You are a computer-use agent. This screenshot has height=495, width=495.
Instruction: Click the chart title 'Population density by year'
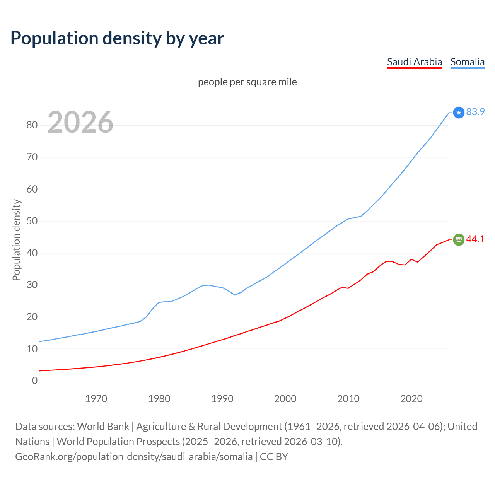[117, 38]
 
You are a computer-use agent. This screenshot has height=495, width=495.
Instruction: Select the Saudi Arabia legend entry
[414, 62]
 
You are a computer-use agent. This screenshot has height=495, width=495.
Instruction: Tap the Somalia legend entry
[467, 62]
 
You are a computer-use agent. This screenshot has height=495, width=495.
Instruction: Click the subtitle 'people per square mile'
[247, 82]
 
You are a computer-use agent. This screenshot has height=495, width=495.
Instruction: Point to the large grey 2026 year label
[80, 122]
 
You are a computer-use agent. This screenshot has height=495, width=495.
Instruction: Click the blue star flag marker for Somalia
[459, 113]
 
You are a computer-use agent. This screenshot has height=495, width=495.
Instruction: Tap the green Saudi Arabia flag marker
[459, 240]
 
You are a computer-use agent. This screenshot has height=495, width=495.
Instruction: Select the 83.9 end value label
[475, 112]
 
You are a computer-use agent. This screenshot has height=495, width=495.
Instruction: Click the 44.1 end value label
[475, 239]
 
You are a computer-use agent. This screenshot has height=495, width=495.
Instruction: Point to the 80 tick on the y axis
[32, 125]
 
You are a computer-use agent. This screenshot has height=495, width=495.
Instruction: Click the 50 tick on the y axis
[32, 221]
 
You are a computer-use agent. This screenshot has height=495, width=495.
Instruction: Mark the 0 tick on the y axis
[35, 381]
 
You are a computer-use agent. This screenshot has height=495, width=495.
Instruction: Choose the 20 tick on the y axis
[32, 317]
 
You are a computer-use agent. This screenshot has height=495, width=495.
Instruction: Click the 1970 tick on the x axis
[96, 399]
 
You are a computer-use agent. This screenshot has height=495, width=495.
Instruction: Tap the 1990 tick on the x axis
[222, 399]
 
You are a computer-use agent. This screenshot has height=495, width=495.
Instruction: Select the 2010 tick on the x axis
[348, 399]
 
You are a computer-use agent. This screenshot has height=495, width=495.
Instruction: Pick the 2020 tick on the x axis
[411, 399]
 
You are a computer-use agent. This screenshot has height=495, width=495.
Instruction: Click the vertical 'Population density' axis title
[16, 240]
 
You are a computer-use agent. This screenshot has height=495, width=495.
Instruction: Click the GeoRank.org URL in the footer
[134, 457]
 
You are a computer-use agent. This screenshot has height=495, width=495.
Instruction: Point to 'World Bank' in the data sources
[103, 427]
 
